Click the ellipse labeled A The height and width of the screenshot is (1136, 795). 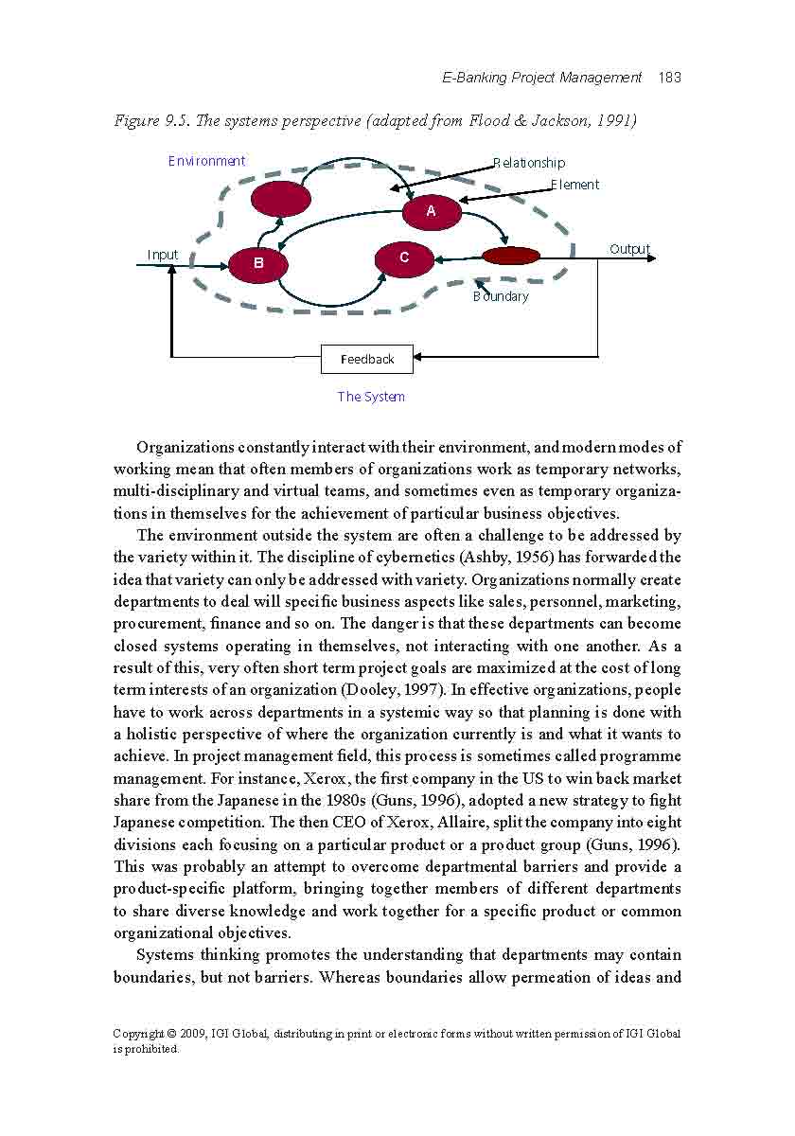pos(432,211)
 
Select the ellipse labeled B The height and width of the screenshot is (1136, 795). pos(257,264)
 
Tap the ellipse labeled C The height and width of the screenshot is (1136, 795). pos(404,257)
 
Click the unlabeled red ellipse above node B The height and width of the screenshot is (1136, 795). pos(281,199)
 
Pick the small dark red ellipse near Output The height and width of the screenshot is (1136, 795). pos(511,256)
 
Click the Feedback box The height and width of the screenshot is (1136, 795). pos(367,359)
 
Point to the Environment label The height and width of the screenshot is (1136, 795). pos(206,161)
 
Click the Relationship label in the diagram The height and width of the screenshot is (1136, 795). pos(529,163)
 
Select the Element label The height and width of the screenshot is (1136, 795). pos(575,185)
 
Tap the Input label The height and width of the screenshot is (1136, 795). pos(163,255)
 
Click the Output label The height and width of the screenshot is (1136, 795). pos(629,249)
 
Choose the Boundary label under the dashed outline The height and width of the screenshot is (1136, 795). pos(501,296)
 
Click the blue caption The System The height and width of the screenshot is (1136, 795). pos(371,397)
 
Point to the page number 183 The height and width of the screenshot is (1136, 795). pos(669,78)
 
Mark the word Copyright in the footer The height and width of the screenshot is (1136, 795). pos(138,1034)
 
